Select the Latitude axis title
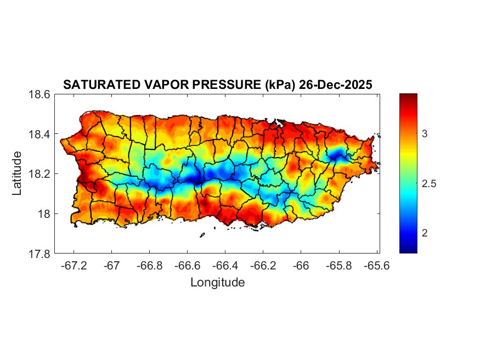18,173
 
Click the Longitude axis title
217,283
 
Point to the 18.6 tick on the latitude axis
40,94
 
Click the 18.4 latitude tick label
40,134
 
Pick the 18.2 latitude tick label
40,174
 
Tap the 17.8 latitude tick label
40,254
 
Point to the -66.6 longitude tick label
187,265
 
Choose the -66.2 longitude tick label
263,265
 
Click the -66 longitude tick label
301,265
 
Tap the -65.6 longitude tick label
376,265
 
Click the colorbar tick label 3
425,134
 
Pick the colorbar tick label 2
425,233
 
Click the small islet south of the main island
202,235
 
